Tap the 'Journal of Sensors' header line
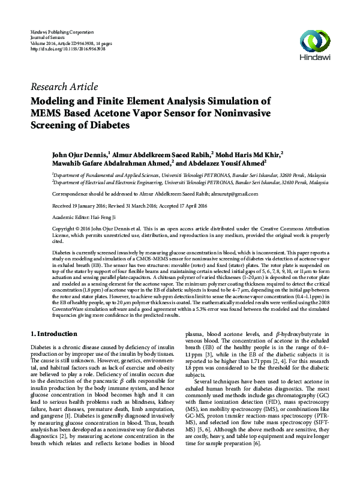[47, 37]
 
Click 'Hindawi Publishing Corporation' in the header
[62, 31]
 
